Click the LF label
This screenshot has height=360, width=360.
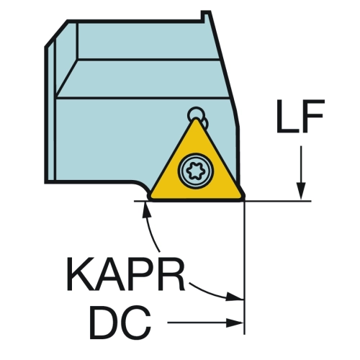[x=300, y=116]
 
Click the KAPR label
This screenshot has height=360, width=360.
[x=126, y=274]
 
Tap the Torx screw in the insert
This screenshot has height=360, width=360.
[x=196, y=171]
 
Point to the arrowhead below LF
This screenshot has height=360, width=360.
[x=301, y=191]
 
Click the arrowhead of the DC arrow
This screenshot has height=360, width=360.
[x=235, y=323]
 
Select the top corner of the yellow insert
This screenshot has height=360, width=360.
[x=197, y=119]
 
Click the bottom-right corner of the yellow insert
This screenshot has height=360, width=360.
[x=243, y=197]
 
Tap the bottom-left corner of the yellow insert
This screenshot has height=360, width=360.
[x=150, y=197]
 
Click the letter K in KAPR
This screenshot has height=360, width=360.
[x=81, y=274]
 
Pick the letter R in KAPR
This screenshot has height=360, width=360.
[x=171, y=274]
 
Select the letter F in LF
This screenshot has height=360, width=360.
[x=312, y=116]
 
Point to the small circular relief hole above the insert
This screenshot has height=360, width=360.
[x=196, y=113]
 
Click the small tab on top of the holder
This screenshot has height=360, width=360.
[x=206, y=16]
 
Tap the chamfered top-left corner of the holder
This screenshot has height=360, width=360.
[x=56, y=33]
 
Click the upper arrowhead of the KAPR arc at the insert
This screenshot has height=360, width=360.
[x=145, y=210]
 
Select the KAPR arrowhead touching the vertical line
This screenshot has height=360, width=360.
[x=235, y=297]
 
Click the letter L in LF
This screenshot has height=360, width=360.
[x=287, y=116]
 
